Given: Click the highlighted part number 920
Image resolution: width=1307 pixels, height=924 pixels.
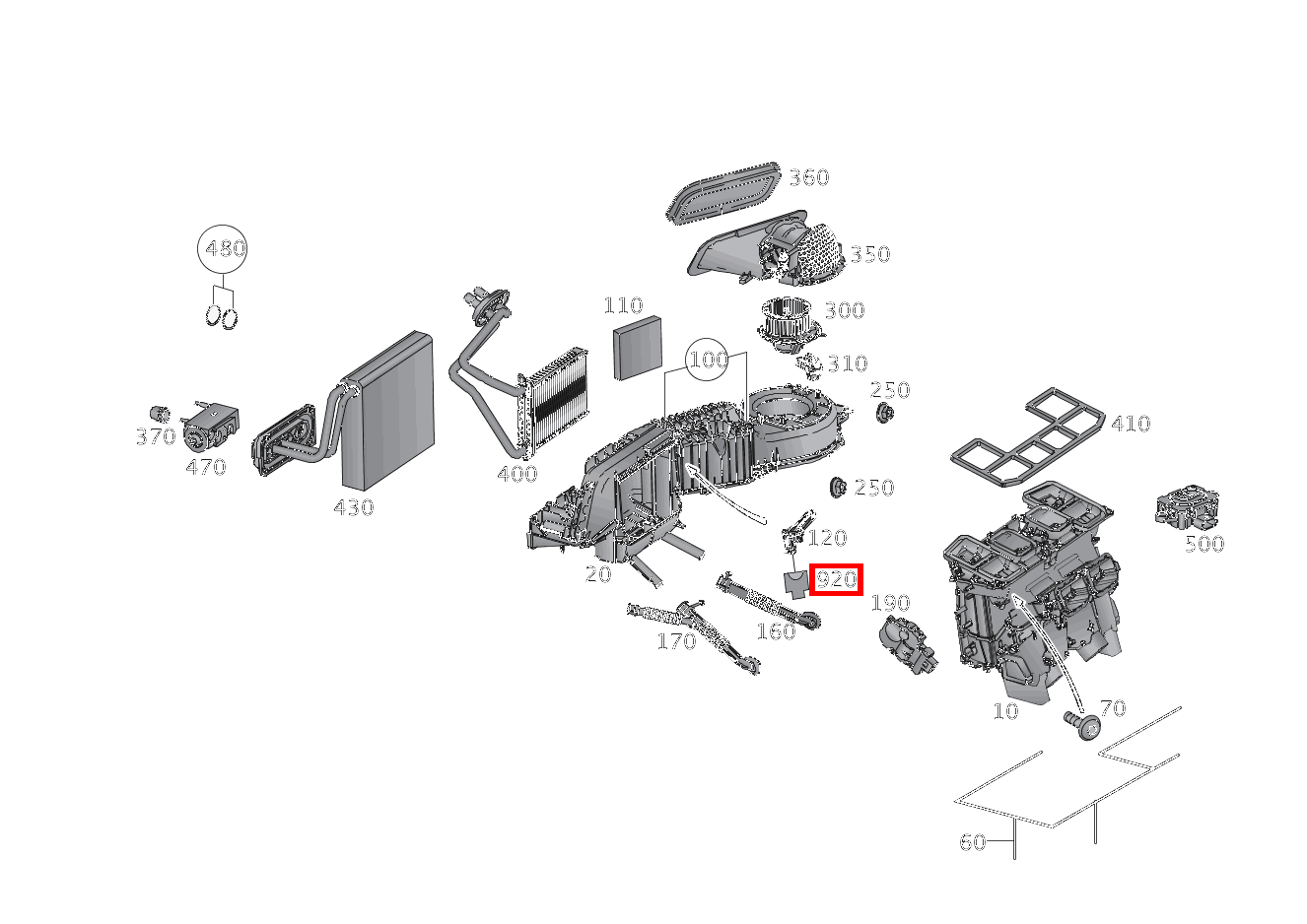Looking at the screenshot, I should click(x=836, y=579).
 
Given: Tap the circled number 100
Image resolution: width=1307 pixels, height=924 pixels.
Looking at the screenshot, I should click(x=707, y=360).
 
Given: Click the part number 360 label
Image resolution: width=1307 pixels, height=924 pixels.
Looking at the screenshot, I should click(x=808, y=177).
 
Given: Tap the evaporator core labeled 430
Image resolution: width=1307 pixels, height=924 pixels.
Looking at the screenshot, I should click(x=388, y=412).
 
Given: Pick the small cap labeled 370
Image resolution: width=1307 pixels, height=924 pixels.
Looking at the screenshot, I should click(x=156, y=413).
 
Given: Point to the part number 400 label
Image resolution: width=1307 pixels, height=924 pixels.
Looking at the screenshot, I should click(x=516, y=474).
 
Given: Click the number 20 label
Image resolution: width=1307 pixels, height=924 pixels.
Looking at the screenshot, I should click(x=597, y=574).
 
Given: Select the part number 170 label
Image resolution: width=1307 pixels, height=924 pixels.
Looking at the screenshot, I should click(x=676, y=641).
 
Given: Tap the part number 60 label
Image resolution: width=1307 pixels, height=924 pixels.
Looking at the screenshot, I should click(x=972, y=842).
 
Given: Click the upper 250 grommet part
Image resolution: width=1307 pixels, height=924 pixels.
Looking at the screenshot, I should click(x=883, y=414).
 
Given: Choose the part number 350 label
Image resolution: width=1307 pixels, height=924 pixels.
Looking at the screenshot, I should click(x=870, y=254).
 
